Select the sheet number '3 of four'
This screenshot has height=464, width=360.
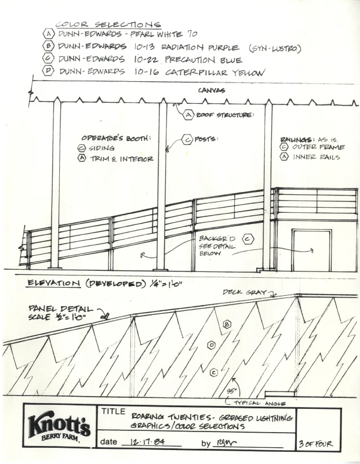tap(316, 444)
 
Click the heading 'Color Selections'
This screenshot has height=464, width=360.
tap(108, 24)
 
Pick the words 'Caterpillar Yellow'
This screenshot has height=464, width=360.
tap(214, 72)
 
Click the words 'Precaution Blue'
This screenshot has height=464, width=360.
tap(203, 60)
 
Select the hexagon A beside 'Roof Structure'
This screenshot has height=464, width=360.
tap(188, 115)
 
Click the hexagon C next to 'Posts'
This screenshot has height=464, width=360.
tap(187, 139)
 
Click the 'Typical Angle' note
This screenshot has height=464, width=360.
tap(254, 401)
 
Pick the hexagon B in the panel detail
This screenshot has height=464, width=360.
tap(227, 324)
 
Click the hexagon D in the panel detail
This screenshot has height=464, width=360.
tap(212, 345)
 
